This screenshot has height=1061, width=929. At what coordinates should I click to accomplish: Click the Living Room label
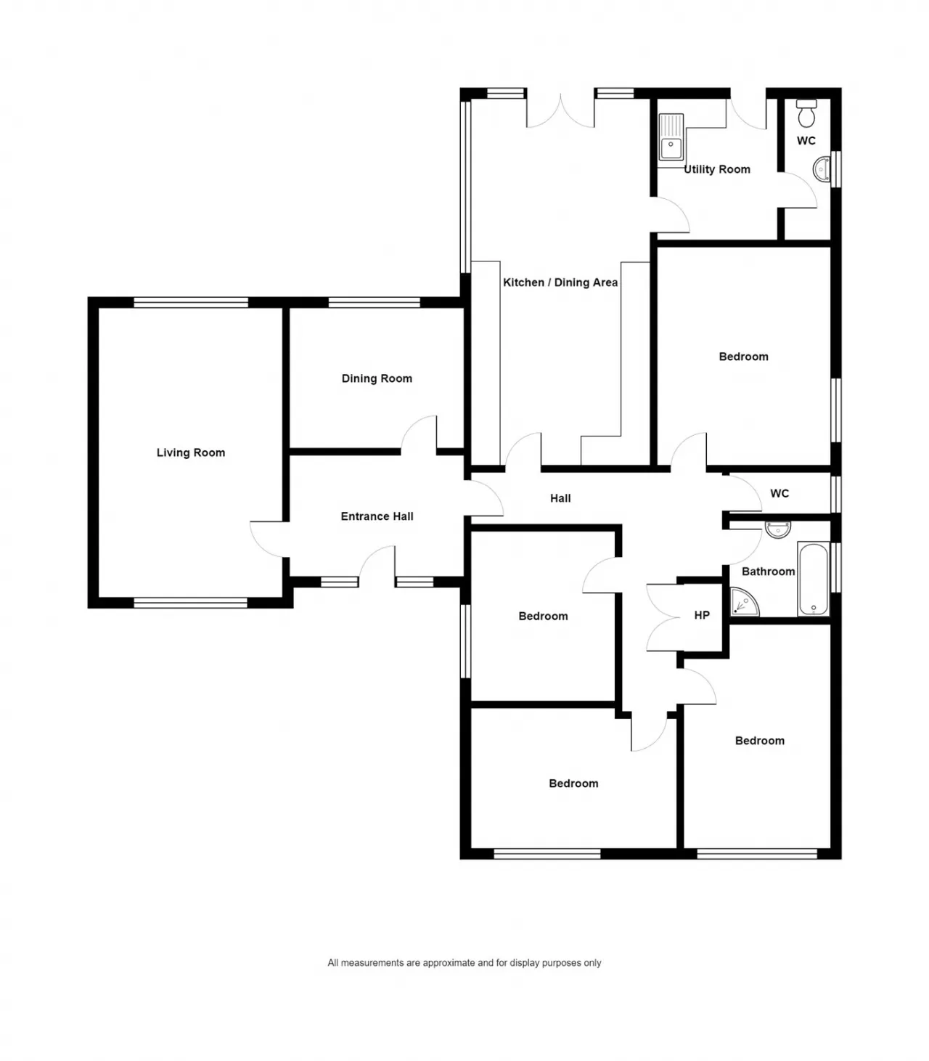[190, 452]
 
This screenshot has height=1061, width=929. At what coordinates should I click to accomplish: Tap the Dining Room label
[377, 378]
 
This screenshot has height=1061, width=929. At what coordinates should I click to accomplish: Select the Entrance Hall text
[377, 516]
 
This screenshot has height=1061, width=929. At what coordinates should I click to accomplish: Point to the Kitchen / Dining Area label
[560, 282]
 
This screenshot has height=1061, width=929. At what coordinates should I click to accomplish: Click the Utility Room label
[717, 169]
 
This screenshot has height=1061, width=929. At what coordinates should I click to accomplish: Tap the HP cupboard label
[702, 615]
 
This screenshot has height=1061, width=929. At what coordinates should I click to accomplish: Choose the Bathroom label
[769, 572]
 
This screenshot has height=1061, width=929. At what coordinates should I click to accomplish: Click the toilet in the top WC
[806, 113]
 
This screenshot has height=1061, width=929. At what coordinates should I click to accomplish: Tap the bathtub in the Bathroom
[814, 579]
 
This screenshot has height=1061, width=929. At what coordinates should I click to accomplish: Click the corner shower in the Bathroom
[745, 601]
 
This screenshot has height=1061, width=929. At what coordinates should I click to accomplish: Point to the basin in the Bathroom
[778, 529]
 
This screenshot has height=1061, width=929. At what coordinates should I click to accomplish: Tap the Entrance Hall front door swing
[377, 566]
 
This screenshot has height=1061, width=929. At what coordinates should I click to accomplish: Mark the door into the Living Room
[269, 540]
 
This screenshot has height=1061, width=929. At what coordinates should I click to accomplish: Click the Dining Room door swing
[419, 435]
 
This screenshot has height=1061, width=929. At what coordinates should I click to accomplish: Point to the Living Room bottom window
[190, 603]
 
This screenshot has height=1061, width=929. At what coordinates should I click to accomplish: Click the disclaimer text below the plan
[464, 962]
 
